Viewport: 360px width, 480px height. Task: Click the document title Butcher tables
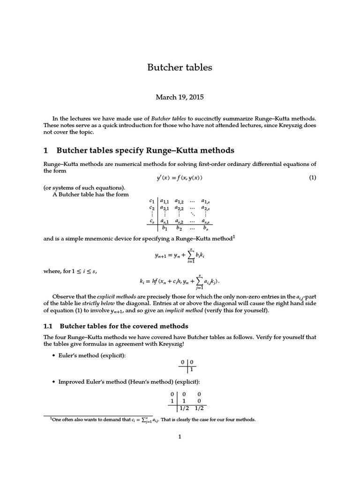tap(180, 67)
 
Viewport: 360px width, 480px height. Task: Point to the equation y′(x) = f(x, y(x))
tap(180, 178)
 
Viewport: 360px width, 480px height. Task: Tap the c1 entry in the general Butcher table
tap(151, 201)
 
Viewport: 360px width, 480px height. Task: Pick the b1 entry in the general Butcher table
tap(165, 228)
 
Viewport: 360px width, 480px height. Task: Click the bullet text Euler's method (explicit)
tap(92, 356)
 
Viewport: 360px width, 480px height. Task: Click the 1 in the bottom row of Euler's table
tap(191, 369)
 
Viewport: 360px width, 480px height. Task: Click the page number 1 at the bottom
tap(180, 437)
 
